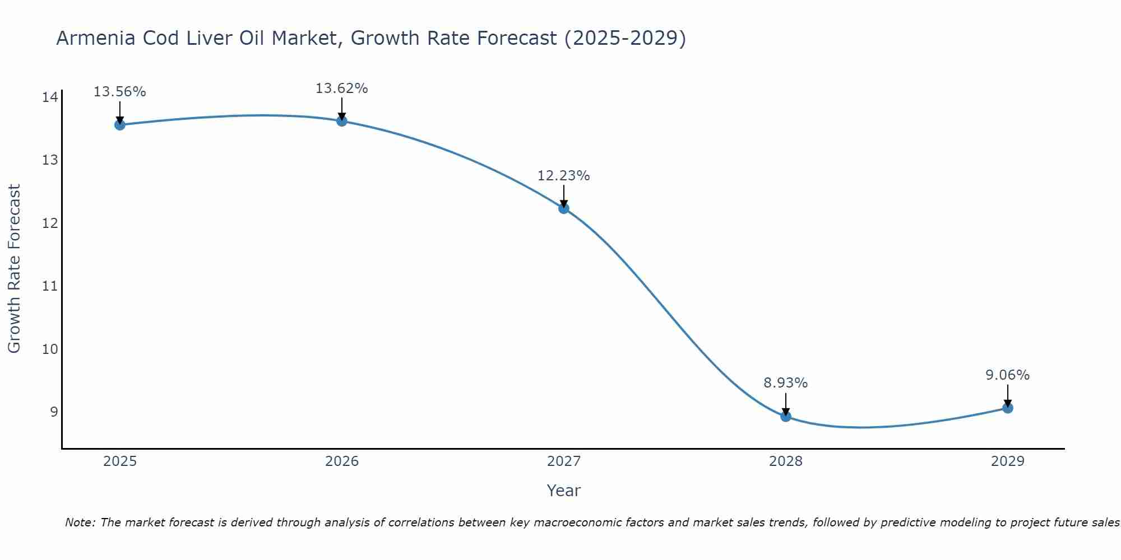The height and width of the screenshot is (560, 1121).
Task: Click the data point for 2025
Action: tap(119, 125)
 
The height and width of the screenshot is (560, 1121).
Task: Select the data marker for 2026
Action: tap(341, 121)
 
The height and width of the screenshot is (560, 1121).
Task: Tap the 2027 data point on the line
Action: tap(563, 208)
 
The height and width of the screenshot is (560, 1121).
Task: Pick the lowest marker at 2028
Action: tap(785, 416)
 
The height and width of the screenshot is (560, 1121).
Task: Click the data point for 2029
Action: tap(1007, 408)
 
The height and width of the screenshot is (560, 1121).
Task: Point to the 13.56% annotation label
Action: tap(119, 92)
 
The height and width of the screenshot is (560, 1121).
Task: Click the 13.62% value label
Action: tap(341, 88)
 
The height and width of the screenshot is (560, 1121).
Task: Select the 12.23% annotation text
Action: tap(563, 176)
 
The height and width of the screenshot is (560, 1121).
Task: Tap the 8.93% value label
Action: tap(785, 383)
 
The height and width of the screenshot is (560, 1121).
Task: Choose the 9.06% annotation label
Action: tap(1007, 375)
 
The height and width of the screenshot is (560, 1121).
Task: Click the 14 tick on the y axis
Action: tap(50, 97)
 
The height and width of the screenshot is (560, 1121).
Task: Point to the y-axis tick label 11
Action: tap(50, 286)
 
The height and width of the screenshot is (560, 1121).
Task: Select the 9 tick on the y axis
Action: tap(54, 412)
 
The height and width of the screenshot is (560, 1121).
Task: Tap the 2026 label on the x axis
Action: tap(341, 461)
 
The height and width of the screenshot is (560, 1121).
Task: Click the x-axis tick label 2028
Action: tap(785, 461)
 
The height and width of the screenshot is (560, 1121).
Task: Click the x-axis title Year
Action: tap(563, 491)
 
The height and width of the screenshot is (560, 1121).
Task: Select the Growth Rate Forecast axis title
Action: tap(14, 269)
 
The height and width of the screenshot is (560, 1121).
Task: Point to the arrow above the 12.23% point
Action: tap(563, 196)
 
